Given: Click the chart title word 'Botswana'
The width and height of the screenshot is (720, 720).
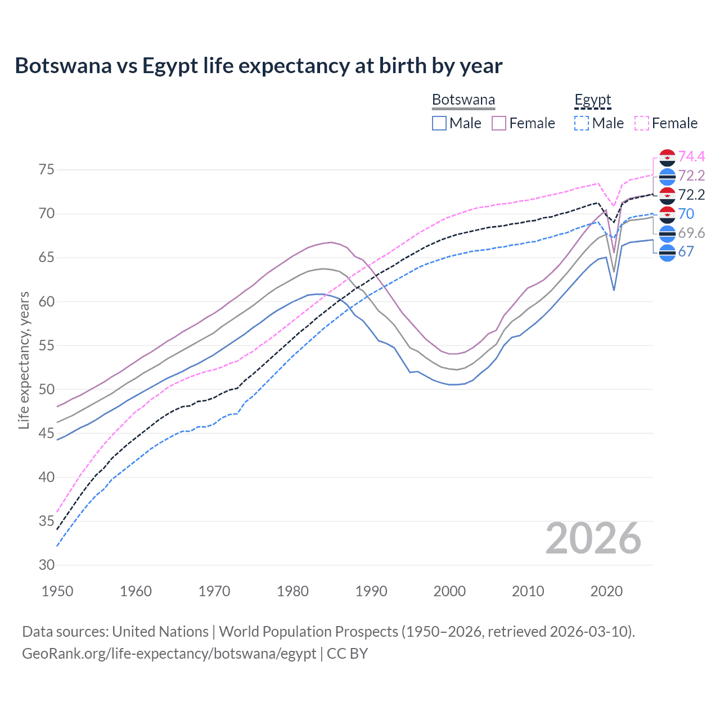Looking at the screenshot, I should coord(63,66).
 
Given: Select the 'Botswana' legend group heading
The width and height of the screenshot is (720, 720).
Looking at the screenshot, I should coord(463,100).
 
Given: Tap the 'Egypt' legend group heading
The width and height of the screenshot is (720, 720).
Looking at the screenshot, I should coord(592,100).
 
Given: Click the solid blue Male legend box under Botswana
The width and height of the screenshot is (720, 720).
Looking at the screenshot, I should coord(439,123).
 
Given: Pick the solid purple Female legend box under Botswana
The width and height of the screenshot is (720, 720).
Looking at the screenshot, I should coord(499,123).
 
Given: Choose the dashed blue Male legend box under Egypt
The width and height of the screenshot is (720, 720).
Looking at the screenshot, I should coord(582,123).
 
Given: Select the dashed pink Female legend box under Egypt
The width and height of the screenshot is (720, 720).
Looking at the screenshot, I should coord(642,123).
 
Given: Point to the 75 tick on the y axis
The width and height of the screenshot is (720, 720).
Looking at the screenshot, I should coord(47,170).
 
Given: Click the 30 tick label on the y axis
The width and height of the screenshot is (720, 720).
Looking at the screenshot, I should coord(47,565).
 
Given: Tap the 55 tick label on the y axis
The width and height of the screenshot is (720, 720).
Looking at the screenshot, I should coord(47,345).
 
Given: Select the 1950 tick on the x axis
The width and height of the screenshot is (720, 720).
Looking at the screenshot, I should coord(57,591).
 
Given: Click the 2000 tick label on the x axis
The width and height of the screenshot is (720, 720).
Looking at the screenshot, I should coord(449,591).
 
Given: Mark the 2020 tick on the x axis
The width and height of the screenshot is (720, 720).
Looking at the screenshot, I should coord(606,591).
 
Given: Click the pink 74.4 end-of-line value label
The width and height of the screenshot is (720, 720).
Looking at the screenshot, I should coord(691,156).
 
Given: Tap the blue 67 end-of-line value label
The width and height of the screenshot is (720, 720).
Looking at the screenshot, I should coord(686,251).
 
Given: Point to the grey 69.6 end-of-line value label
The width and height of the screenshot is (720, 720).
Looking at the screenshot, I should coord(691,233).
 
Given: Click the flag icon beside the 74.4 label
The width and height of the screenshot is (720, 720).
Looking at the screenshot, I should coord(667,158).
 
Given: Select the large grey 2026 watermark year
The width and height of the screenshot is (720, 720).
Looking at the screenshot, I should coord(593,538).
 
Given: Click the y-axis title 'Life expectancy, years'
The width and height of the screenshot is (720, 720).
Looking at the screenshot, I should coord(24,360).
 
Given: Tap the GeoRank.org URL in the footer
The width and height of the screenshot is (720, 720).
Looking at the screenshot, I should coord(169,654).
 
